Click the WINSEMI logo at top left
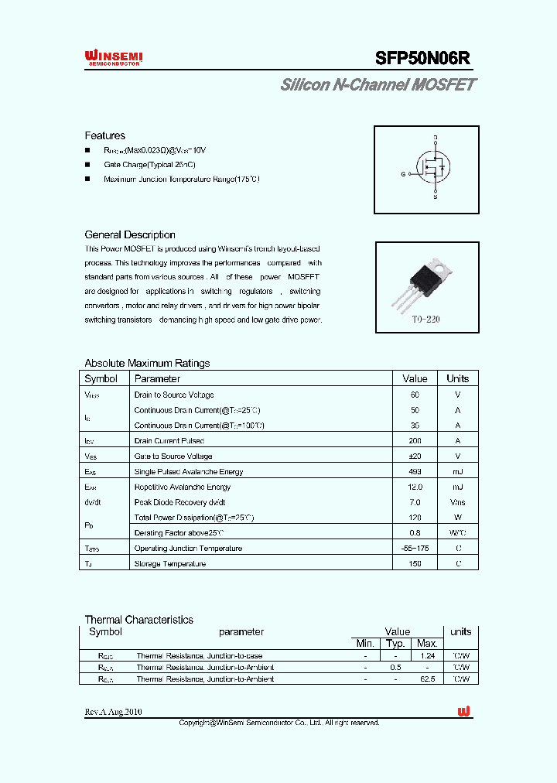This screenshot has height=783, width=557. [113, 57]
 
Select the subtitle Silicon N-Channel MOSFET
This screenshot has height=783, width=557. [378, 85]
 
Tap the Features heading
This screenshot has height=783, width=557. [104, 135]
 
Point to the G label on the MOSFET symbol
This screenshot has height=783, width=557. [403, 174]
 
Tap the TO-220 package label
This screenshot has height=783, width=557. [425, 319]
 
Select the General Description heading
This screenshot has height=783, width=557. [130, 234]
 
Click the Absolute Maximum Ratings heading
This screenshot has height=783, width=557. [147, 363]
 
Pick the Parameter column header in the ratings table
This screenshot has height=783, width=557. [157, 378]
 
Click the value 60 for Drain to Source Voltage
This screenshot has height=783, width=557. [415, 395]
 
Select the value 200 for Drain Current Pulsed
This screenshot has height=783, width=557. [415, 440]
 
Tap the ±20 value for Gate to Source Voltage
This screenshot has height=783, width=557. [415, 456]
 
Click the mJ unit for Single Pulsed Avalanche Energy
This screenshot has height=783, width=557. [457, 471]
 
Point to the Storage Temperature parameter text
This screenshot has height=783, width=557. [170, 563]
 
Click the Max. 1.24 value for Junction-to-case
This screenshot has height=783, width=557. [427, 655]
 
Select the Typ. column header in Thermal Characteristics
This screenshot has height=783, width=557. [395, 643]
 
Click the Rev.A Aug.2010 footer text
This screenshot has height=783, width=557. [113, 712]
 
